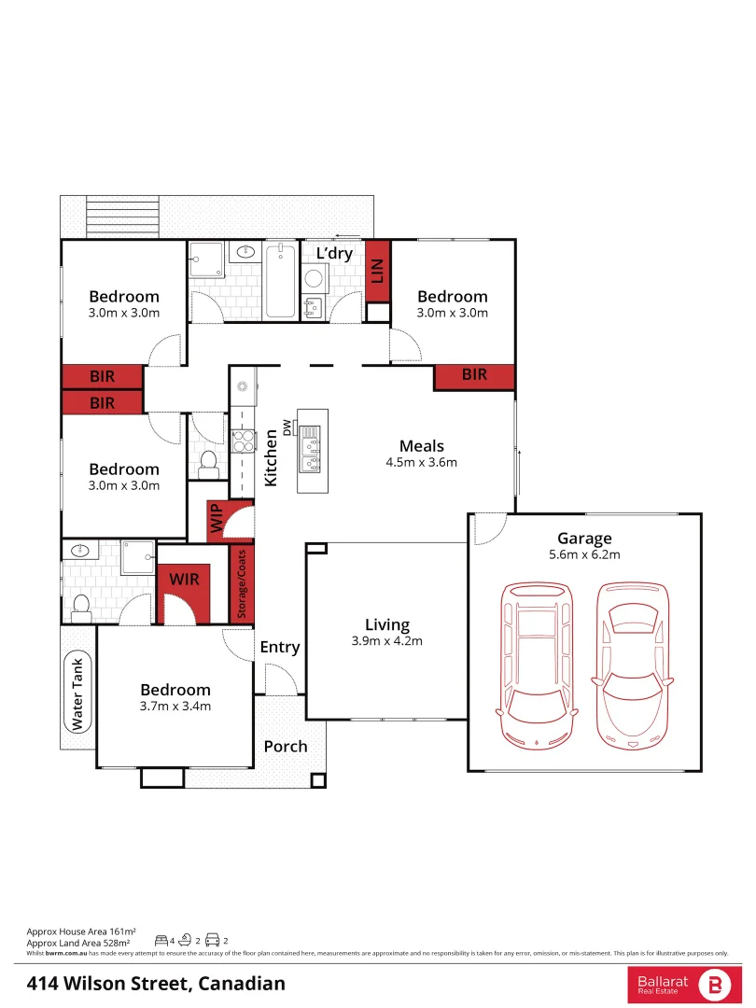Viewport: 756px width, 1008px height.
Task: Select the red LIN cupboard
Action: (377, 271)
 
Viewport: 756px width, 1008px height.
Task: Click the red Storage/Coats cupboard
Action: (242, 583)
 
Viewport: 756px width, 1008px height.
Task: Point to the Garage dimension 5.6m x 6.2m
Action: (584, 554)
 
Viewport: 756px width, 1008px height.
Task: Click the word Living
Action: (386, 625)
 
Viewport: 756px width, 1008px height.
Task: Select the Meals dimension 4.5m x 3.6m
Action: (421, 462)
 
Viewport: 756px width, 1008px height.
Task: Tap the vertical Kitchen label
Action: (271, 456)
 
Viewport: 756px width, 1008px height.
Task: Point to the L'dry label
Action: (333, 254)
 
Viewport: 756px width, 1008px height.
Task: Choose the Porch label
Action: (286, 747)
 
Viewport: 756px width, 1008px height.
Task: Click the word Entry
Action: (279, 647)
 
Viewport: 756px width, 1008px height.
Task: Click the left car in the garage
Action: (537, 665)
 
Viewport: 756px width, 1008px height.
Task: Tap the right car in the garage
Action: (632, 665)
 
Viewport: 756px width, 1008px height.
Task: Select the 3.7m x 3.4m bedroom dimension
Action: (175, 707)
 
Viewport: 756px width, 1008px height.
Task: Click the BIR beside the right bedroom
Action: (474, 375)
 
